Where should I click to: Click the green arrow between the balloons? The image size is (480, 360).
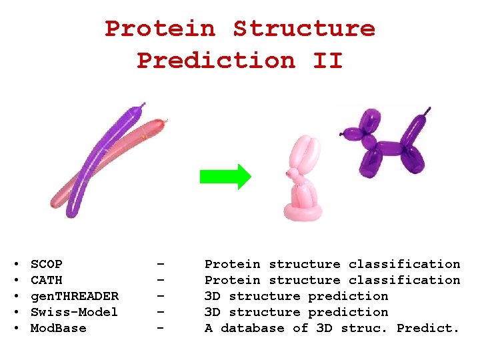[225, 177]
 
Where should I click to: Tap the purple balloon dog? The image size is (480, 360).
[381, 147]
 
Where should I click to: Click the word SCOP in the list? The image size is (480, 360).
[47, 264]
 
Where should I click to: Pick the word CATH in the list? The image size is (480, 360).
[47, 280]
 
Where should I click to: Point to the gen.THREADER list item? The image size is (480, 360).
[75, 296]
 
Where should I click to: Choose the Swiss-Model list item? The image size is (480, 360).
[74, 312]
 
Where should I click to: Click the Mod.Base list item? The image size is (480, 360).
[59, 328]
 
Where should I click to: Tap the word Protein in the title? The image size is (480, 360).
[160, 29]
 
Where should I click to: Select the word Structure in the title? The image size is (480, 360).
[304, 29]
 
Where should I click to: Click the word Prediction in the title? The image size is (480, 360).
[216, 61]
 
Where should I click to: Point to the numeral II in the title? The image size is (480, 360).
[327, 61]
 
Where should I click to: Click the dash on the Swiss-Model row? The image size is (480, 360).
[160, 312]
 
